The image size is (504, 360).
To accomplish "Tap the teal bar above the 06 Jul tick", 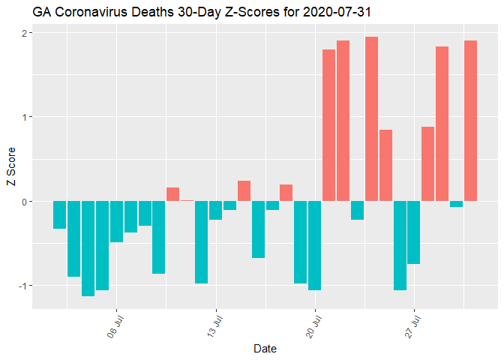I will pos(117,221).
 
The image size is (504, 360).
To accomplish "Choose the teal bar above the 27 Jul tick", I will pos(414,232).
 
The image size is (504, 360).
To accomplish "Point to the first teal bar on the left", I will pos(60,214).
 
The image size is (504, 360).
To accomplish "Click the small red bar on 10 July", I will pos(173,194).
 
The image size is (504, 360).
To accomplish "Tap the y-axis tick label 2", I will pos(24,33).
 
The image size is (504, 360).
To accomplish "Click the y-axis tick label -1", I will pos(22,286).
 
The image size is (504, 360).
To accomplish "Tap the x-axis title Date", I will pos(266,349).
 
